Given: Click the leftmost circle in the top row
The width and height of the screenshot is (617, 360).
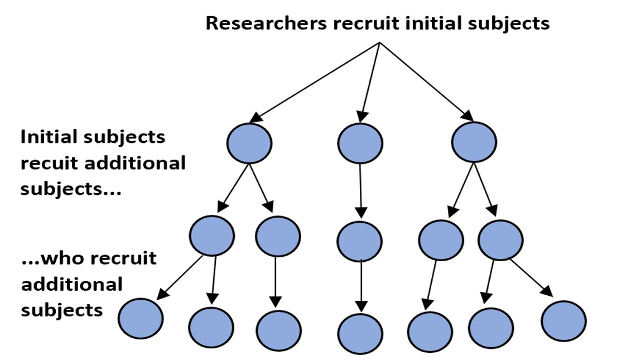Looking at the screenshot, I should point(249,143).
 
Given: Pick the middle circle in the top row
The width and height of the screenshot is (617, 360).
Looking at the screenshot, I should point(360,143).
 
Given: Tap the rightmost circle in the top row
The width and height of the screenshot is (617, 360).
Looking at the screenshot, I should point(474,143).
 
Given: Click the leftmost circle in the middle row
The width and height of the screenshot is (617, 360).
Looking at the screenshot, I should point(211,235).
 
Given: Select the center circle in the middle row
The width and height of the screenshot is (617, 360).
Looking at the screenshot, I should point(360,241).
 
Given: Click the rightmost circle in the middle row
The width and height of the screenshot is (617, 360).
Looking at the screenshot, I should point(500,241).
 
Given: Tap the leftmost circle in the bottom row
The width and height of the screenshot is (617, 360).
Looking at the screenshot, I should point(141,319).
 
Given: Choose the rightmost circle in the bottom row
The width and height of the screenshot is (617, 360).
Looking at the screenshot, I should point(563,321).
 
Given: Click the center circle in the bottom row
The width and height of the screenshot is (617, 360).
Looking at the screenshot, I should point(360,334).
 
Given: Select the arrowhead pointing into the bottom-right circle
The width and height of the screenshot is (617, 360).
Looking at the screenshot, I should point(547,292).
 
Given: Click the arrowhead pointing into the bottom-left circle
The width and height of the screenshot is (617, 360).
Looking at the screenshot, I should point(161,294).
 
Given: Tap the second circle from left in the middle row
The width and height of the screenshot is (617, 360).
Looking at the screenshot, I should point(278,235).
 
